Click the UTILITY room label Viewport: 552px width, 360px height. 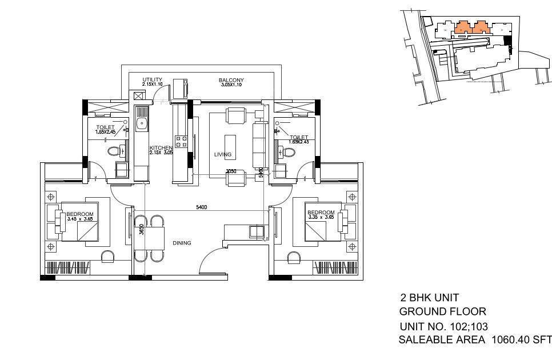152,80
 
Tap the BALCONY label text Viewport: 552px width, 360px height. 231,80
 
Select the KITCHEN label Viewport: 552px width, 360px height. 161,148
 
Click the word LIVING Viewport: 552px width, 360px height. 223,155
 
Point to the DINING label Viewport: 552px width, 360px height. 182,243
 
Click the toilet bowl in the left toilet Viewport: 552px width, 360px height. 114,151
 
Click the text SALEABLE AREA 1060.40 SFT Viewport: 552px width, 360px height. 474,340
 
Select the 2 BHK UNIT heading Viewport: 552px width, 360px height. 430,298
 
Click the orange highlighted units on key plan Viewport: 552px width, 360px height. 472,26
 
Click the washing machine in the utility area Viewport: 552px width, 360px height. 181,89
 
